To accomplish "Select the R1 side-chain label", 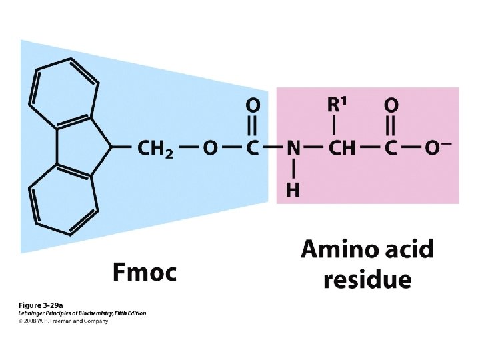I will point(338,104).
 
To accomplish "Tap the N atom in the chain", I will point(293,148).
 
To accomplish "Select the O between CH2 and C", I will point(210,148).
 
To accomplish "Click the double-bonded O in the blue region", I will point(253,105).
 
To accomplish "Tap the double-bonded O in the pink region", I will point(391,105).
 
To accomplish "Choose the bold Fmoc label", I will point(144,272).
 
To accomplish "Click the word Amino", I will point(342,250).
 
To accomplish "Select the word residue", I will point(367,279).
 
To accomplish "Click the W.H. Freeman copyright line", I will point(63,321).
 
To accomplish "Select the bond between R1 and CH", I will point(335,125).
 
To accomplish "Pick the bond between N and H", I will point(293,169).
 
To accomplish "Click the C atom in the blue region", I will point(253,148).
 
